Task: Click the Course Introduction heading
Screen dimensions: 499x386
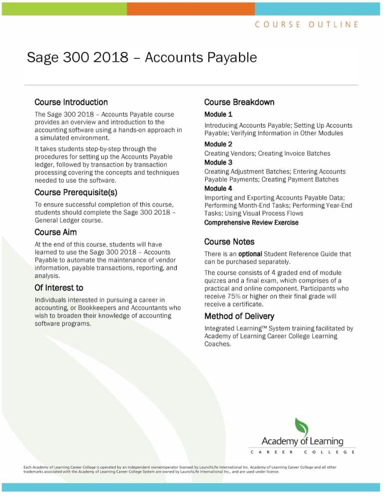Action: point(71,102)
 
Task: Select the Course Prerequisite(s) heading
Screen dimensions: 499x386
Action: point(75,192)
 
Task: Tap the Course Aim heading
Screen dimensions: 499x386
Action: point(55,232)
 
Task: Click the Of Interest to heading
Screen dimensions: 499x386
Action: point(58,288)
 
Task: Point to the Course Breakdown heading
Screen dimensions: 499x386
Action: point(239,102)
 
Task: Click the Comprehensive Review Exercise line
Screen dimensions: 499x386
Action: point(251,223)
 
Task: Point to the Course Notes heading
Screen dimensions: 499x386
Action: point(229,242)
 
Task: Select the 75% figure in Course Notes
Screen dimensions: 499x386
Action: point(237,296)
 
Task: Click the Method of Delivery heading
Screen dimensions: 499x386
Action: point(239,316)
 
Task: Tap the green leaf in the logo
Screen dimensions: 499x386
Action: point(302,427)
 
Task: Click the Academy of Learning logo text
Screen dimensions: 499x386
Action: point(302,442)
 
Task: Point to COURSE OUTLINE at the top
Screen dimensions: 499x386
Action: point(307,24)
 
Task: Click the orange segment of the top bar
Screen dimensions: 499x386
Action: point(191,8)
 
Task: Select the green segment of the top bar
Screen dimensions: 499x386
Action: point(64,8)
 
